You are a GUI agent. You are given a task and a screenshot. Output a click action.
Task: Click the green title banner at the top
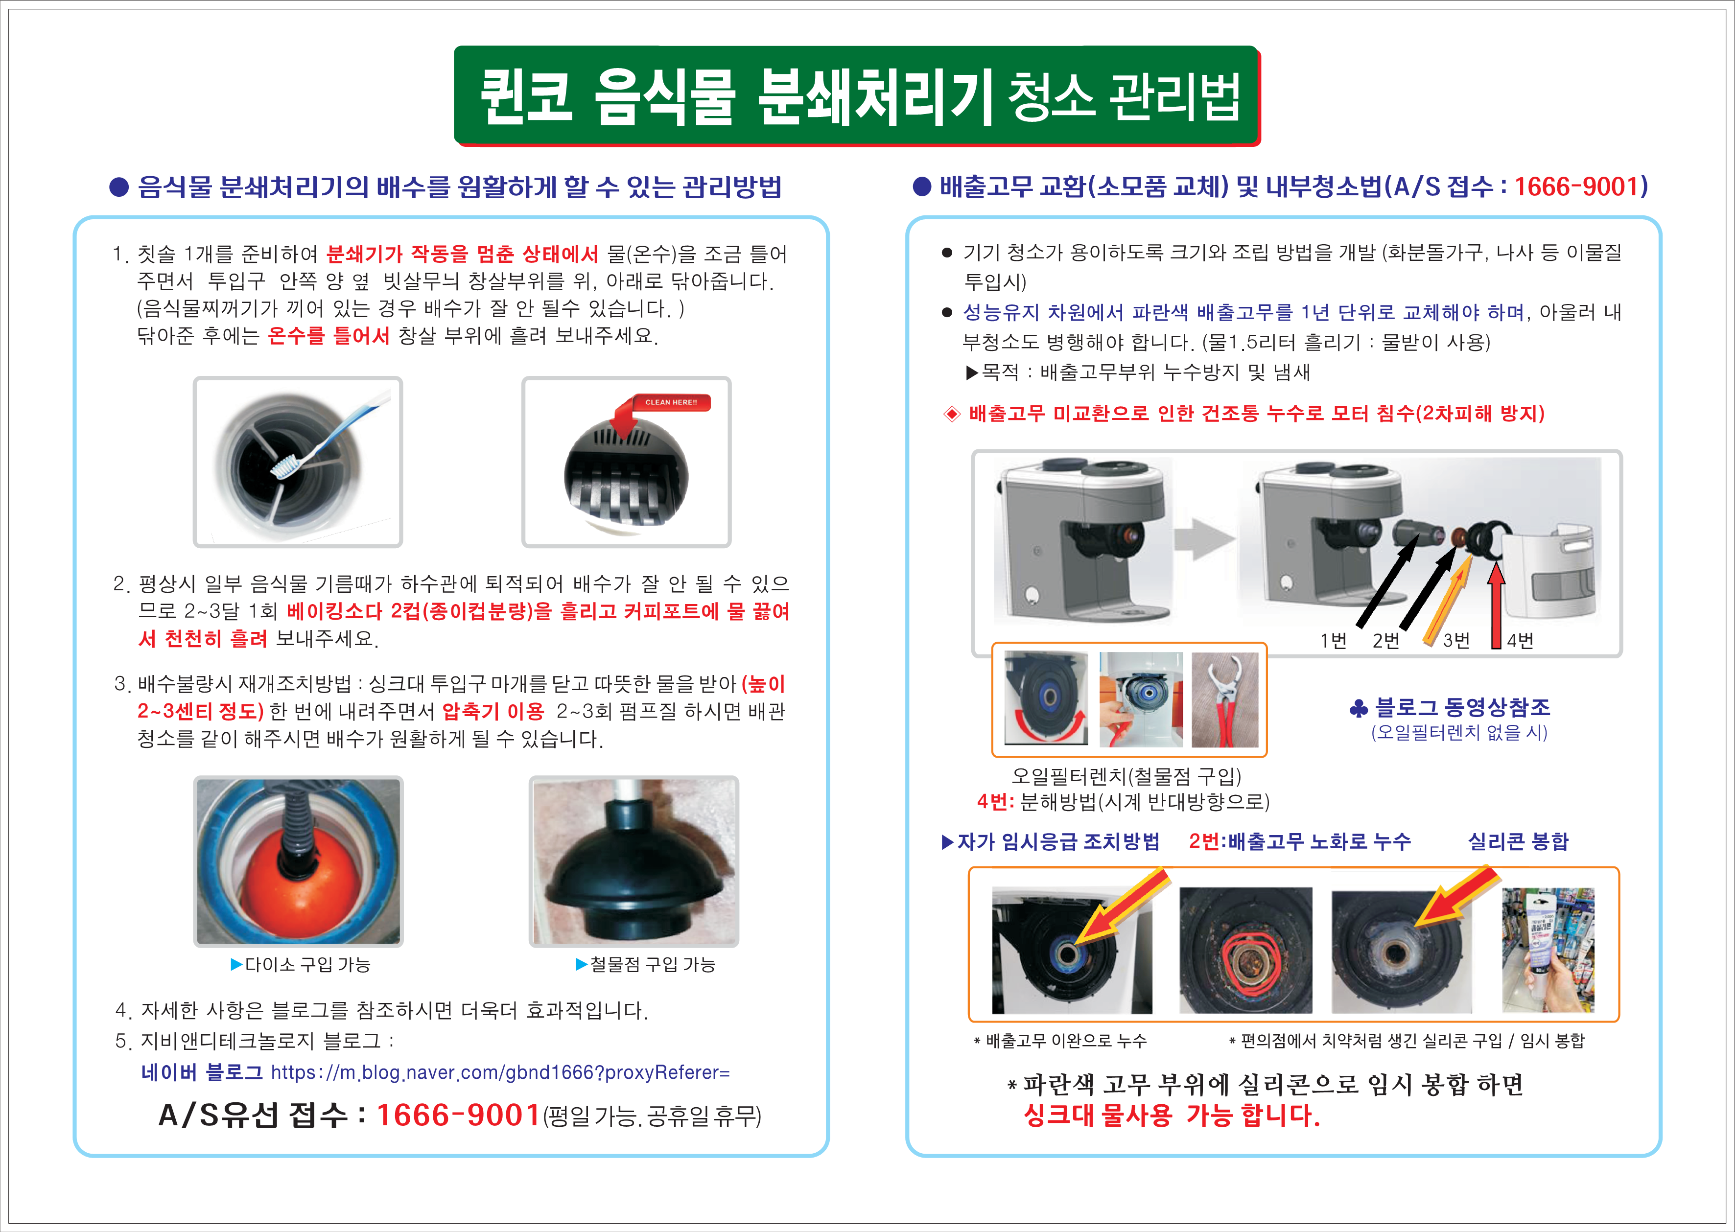tap(857, 95)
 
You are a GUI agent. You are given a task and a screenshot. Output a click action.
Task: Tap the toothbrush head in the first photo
tap(285, 466)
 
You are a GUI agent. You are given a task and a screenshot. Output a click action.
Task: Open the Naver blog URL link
tap(501, 1072)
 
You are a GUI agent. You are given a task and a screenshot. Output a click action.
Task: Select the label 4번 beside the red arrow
tap(1520, 641)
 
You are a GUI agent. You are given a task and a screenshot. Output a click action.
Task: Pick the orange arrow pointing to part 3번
tap(1448, 599)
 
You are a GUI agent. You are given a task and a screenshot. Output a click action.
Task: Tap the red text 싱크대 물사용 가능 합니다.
tap(1172, 1115)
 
